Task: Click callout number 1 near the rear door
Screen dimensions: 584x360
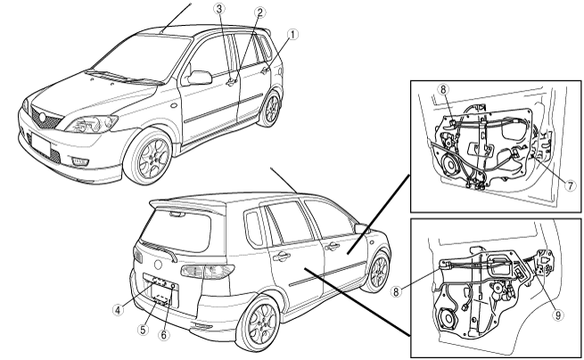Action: point(292,35)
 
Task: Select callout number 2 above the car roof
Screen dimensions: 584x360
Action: point(260,12)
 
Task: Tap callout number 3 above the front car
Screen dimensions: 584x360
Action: point(219,9)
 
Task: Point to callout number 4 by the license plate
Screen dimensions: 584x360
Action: point(118,310)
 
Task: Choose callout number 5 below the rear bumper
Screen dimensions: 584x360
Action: point(143,329)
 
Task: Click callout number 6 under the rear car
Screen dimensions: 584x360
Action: point(163,334)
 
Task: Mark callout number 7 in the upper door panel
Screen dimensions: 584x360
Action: point(571,185)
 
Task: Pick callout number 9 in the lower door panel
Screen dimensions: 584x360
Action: point(558,315)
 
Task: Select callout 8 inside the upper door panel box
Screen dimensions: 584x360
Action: point(443,90)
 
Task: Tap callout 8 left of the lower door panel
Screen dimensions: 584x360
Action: point(396,291)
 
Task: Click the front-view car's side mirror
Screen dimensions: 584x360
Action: point(199,77)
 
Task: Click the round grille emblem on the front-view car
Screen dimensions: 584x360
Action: point(43,119)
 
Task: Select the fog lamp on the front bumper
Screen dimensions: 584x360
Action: point(80,161)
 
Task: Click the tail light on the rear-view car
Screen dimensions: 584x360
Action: point(208,272)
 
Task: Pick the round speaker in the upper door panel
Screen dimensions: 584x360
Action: point(451,165)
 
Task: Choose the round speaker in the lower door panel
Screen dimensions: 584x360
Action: point(449,319)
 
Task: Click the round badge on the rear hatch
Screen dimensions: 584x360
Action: point(159,265)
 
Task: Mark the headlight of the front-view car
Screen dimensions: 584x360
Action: point(92,124)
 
